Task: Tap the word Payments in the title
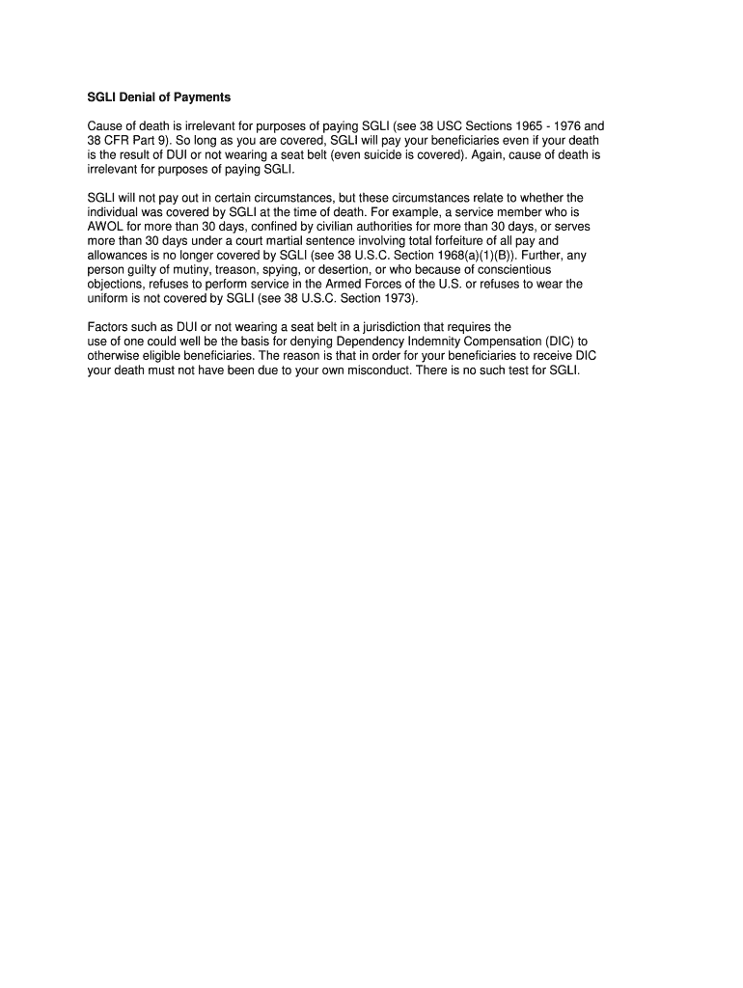(203, 98)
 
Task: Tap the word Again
(510, 154)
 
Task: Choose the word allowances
(118, 255)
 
